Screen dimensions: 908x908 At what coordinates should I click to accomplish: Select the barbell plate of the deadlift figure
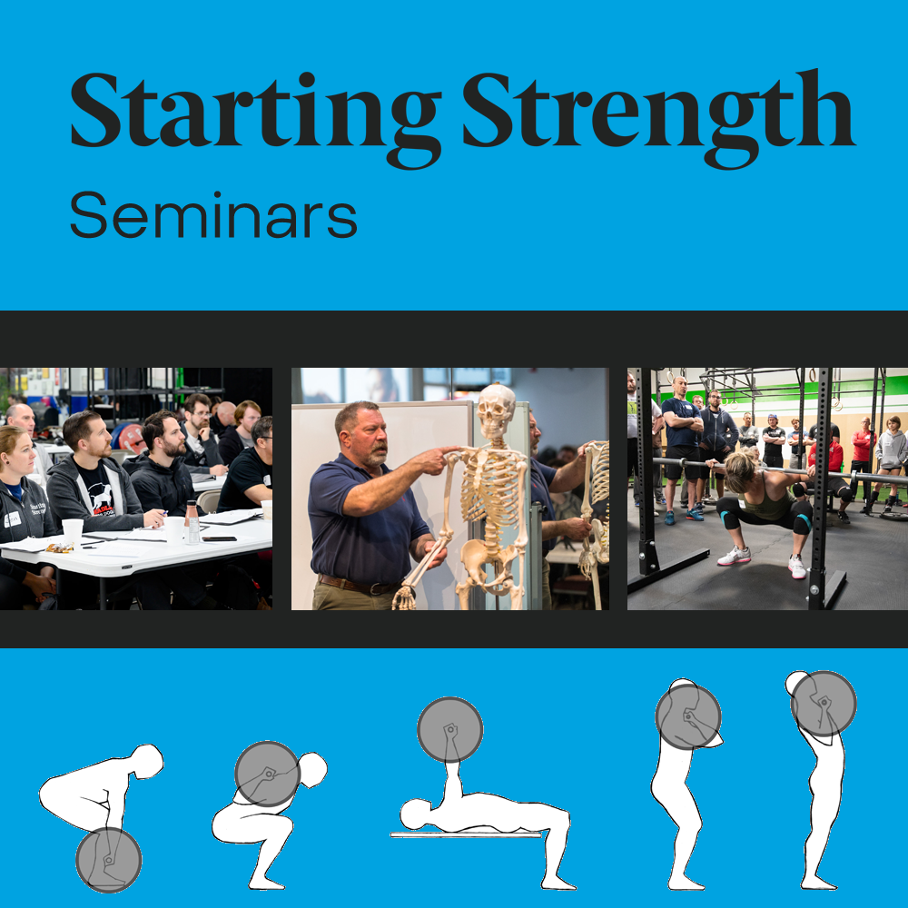[x=109, y=859]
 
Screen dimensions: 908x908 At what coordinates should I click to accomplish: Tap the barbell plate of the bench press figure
[x=449, y=729]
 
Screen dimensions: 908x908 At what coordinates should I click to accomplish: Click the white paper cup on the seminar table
[x=72, y=532]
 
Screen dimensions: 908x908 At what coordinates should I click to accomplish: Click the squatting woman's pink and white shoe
[x=734, y=556]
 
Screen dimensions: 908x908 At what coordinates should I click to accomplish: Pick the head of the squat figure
[x=311, y=771]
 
